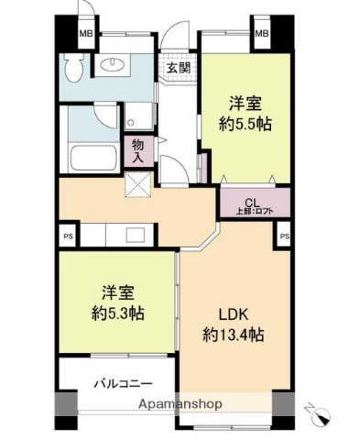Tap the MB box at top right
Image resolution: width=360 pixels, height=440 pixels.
[x=261, y=35]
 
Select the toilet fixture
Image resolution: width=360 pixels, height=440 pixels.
[x=75, y=66]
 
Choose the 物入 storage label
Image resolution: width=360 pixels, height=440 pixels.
[x=136, y=150]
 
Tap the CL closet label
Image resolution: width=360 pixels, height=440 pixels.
[x=253, y=203]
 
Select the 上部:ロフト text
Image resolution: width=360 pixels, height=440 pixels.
[x=254, y=213]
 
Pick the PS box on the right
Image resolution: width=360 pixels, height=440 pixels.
[x=284, y=236]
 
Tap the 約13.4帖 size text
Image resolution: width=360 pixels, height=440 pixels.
[x=233, y=335]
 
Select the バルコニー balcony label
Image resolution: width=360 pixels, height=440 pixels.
[x=122, y=384]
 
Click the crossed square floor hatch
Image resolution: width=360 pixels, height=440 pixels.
[x=141, y=186]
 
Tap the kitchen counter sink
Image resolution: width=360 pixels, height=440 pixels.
[x=129, y=235]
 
